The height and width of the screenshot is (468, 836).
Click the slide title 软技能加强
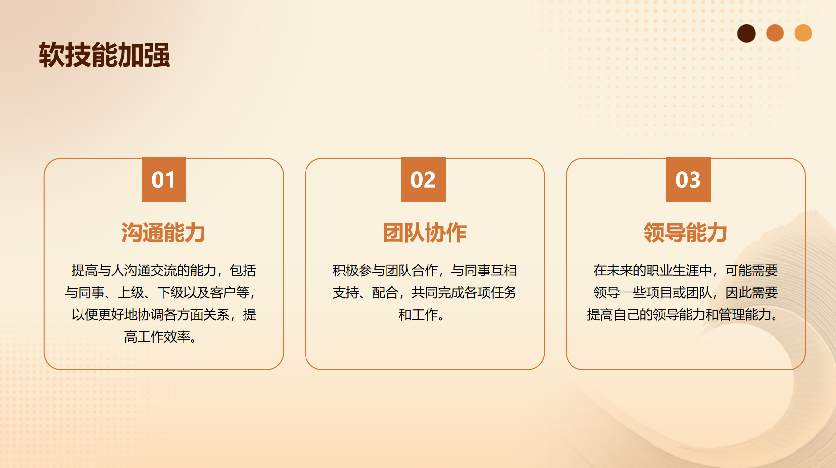click(x=104, y=55)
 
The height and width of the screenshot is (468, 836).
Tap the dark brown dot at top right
click(x=746, y=34)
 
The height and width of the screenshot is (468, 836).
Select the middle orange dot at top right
click(x=775, y=33)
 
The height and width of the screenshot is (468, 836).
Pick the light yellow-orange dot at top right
click(x=803, y=33)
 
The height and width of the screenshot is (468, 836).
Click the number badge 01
click(x=164, y=180)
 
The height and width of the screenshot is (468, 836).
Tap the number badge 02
click(x=423, y=180)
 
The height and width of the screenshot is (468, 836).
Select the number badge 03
click(x=688, y=180)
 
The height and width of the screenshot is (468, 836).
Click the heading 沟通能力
click(x=163, y=233)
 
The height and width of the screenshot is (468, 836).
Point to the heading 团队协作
click(x=425, y=233)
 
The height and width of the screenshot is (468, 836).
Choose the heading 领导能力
click(x=686, y=233)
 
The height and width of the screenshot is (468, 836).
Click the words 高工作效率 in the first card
click(x=157, y=337)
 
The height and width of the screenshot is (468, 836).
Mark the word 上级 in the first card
click(x=131, y=292)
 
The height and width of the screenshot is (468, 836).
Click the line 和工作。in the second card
click(x=422, y=315)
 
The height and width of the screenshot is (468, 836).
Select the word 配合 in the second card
click(x=385, y=292)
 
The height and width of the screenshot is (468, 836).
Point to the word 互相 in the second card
click(x=504, y=271)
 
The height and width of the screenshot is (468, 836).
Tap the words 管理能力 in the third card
click(x=745, y=315)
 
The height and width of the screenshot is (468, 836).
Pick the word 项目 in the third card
click(x=659, y=292)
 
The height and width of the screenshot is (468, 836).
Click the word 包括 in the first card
click(x=243, y=271)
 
